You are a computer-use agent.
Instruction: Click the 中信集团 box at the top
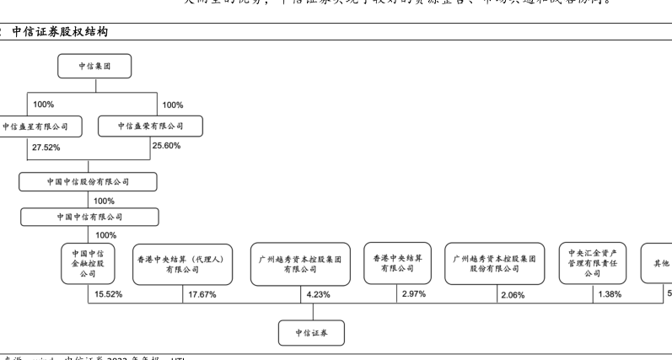94,67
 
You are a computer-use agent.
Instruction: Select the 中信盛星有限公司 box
34,126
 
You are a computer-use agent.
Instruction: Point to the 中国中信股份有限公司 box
88,181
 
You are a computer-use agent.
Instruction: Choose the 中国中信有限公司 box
88,217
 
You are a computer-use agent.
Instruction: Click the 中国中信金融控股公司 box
88,263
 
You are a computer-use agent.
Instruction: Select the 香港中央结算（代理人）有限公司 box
181,264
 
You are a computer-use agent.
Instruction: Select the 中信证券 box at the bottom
311,333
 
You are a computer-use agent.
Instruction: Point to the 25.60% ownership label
167,146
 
